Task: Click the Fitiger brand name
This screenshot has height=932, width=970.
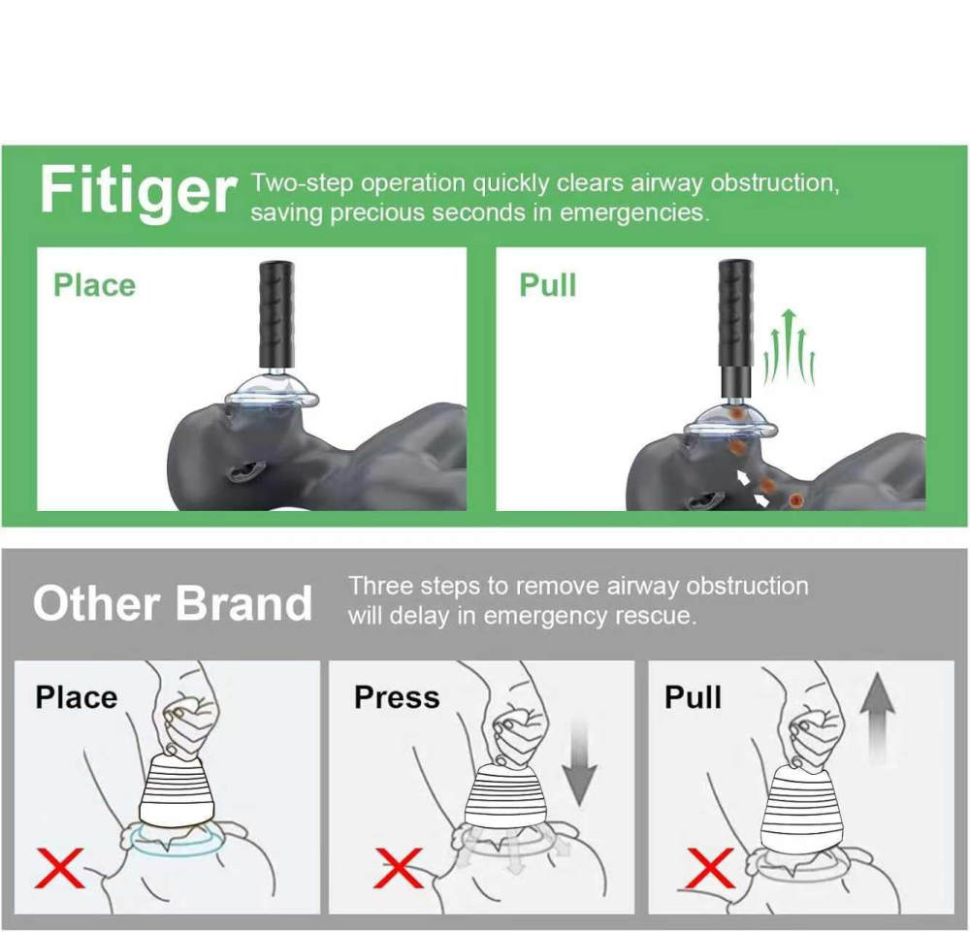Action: point(138,191)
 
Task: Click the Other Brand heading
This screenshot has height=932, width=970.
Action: point(173,603)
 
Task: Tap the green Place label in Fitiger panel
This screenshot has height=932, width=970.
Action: point(94,285)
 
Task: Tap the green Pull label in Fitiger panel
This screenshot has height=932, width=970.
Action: point(548,285)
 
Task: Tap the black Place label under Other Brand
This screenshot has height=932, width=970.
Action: point(76,697)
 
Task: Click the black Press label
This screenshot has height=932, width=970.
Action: point(397,697)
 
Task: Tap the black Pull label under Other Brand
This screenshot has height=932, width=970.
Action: point(693,697)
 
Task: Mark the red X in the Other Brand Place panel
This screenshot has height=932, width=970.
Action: point(59,867)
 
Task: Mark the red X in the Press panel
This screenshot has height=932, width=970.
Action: point(399,867)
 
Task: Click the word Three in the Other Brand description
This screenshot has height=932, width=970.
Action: point(380,586)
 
